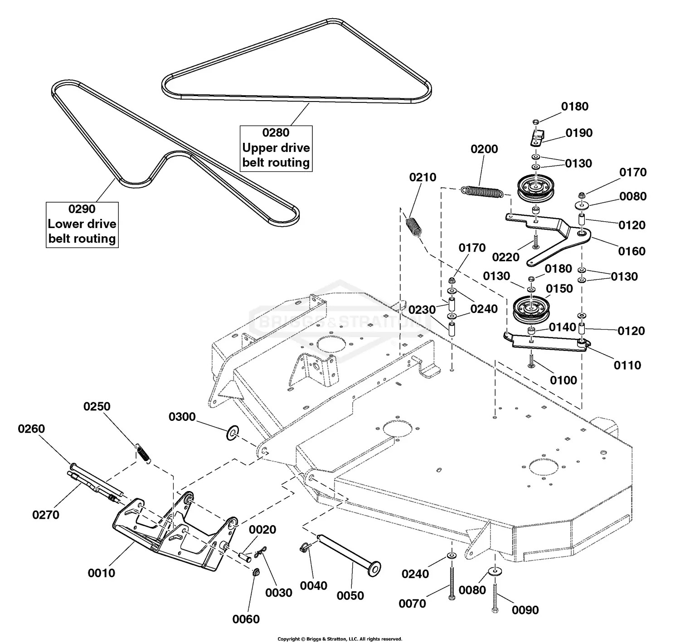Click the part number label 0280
(x=276, y=133)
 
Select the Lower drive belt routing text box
(x=82, y=224)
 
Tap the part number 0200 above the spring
(x=484, y=149)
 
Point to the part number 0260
(x=31, y=429)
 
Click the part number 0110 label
(x=627, y=365)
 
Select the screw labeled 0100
(x=531, y=360)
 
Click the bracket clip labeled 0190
(x=537, y=137)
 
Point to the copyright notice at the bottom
(x=340, y=639)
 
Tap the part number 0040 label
(x=313, y=586)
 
